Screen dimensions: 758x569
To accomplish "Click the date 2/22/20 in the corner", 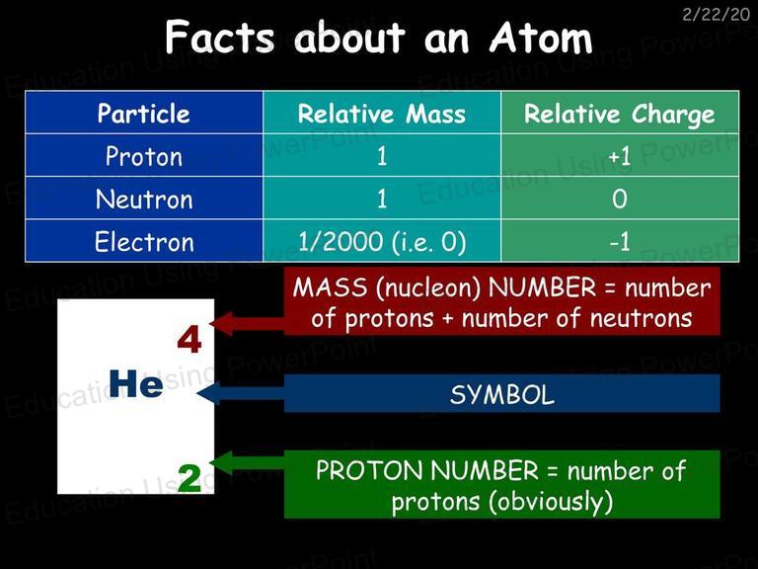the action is (716, 15).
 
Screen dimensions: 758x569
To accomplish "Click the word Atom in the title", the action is (541, 37).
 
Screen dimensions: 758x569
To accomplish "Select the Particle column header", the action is (143, 114).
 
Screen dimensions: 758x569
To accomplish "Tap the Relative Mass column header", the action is (381, 115).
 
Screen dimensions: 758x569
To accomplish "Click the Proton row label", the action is (144, 156).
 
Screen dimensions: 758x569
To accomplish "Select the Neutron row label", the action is (144, 199).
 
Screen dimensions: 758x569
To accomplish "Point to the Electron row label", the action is (144, 241).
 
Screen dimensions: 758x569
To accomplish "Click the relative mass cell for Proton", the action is (382, 156).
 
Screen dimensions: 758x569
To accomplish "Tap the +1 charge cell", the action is (619, 157).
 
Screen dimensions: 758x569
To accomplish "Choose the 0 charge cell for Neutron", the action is (619, 199).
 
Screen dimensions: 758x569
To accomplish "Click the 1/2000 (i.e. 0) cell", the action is (382, 242).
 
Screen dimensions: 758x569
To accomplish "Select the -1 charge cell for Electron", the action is (619, 241).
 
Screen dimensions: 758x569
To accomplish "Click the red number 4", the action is (189, 340).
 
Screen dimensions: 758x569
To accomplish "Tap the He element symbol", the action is (136, 383).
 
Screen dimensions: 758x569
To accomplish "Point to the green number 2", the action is (189, 478).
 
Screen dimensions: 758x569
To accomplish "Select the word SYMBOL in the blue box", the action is (501, 394).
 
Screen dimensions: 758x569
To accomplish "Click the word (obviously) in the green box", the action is (550, 502).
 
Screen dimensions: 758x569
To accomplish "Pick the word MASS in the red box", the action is (330, 287).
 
